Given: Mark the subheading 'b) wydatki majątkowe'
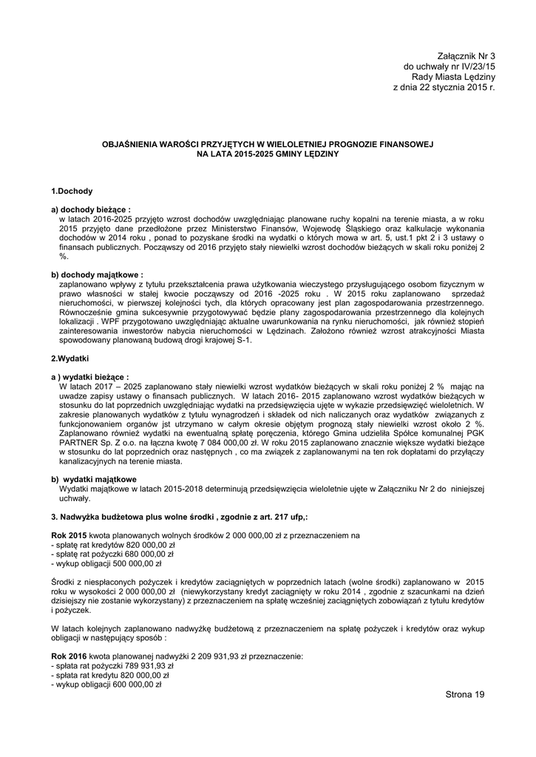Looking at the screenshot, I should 94,479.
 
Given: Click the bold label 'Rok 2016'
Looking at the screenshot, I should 69,656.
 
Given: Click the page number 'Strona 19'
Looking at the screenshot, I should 465,694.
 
